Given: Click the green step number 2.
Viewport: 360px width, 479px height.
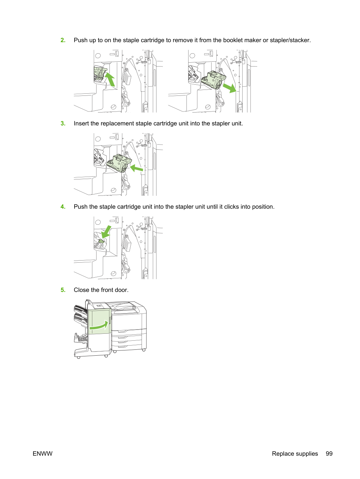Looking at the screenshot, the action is (x=63, y=40).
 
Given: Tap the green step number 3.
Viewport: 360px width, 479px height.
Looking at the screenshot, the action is (x=63, y=123).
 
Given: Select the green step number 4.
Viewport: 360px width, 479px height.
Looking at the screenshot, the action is (x=63, y=207).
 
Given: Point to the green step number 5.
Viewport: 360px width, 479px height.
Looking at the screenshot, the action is (x=63, y=290).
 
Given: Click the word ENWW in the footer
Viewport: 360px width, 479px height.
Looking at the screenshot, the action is (x=43, y=454).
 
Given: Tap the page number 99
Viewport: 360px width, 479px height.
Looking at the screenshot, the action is (x=329, y=454).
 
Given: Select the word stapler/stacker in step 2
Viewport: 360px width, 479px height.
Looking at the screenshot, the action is (x=290, y=40).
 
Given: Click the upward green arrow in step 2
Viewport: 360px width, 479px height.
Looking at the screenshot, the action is (x=110, y=79).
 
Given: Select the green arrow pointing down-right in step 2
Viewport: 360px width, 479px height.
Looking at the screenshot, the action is (x=229, y=88).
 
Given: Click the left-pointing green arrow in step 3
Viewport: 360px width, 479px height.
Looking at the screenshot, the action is (x=137, y=168).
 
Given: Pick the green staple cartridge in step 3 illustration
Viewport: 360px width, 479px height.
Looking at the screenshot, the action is (x=119, y=163).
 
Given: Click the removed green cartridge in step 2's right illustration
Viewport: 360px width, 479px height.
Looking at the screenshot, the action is (x=214, y=80).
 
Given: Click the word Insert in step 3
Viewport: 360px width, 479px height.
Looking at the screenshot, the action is (x=82, y=123).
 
